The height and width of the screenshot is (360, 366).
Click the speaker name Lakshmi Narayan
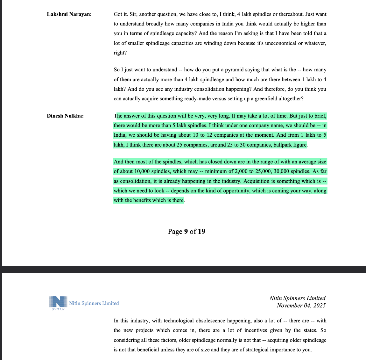[x=69, y=14]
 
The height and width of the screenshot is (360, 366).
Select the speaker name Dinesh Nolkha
[x=65, y=116]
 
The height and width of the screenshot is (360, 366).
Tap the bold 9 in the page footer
[x=186, y=231]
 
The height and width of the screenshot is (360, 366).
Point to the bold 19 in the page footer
[x=201, y=231]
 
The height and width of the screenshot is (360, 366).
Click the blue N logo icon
[x=58, y=302]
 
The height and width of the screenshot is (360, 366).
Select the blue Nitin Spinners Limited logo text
[x=94, y=303]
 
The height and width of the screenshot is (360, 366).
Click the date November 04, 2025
[x=301, y=306]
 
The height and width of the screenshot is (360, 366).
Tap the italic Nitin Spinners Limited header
[x=297, y=298]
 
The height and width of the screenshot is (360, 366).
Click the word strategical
[x=257, y=349]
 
